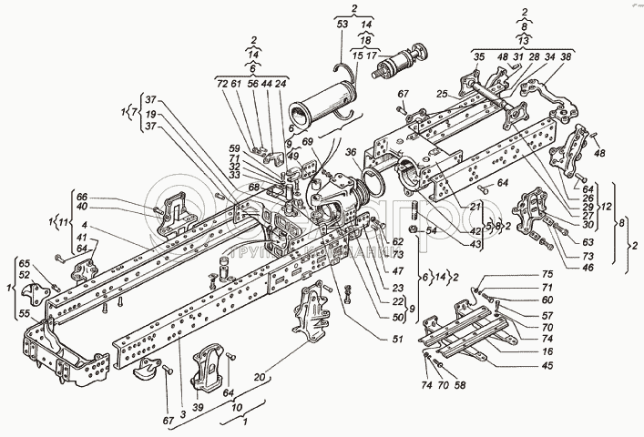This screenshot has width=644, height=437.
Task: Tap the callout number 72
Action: click(x=220, y=82)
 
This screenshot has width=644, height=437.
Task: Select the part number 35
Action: click(x=478, y=56)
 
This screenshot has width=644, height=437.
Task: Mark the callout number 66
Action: click(x=81, y=196)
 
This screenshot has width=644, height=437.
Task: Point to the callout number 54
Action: click(x=431, y=232)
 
